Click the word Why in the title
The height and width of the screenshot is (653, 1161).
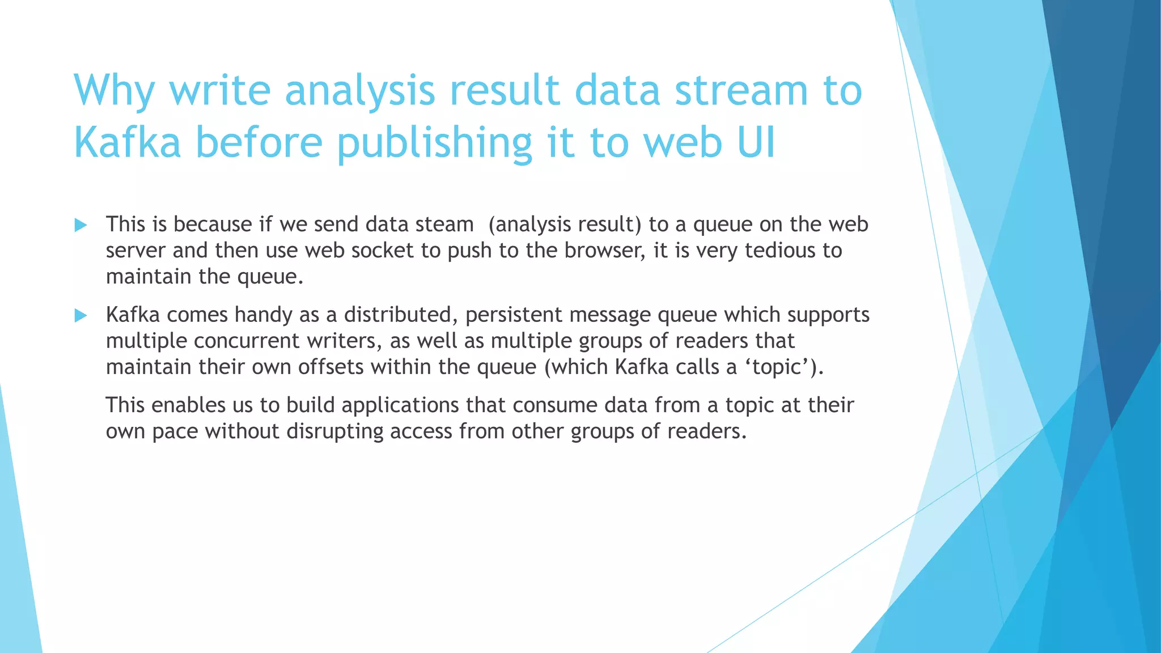point(114,91)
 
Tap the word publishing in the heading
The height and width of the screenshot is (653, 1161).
point(434,143)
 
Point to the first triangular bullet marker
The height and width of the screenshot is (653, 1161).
point(80,226)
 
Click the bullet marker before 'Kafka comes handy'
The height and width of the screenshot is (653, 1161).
point(80,316)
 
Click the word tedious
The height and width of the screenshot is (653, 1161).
point(779,251)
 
